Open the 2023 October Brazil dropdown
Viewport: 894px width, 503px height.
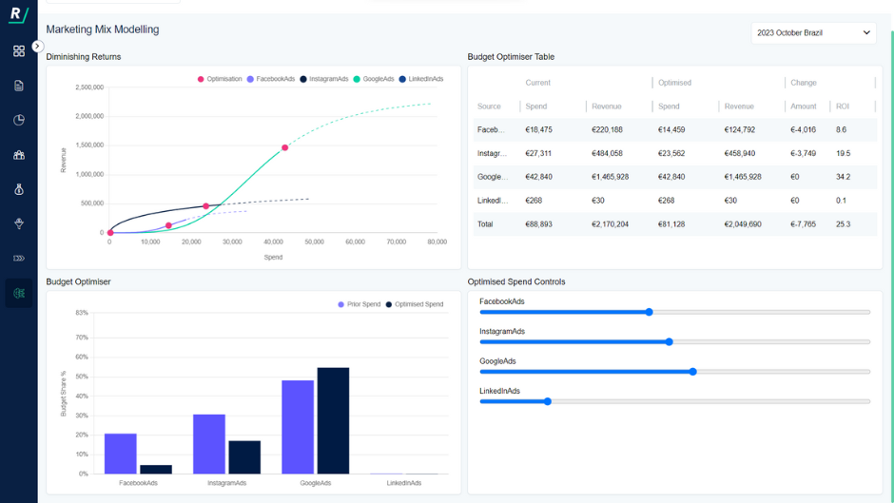pyautogui.click(x=813, y=33)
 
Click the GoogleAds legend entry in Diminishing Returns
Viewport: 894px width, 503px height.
pyautogui.click(x=378, y=79)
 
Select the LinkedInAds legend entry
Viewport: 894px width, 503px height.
pyautogui.click(x=425, y=79)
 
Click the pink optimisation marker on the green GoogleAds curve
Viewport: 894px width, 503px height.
pyautogui.click(x=284, y=147)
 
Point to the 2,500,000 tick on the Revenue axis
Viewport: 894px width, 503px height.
pyautogui.click(x=88, y=87)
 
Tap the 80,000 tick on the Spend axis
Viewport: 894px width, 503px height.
pyautogui.click(x=437, y=242)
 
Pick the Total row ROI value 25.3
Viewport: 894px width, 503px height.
pyautogui.click(x=843, y=224)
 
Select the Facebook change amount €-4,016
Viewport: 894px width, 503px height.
pyautogui.click(x=803, y=129)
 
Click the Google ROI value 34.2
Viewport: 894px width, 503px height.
pyautogui.click(x=843, y=177)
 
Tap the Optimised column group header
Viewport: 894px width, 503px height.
pyautogui.click(x=674, y=83)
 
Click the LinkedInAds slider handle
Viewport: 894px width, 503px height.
pyautogui.click(x=548, y=401)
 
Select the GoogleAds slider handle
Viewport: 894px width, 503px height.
pyautogui.click(x=692, y=372)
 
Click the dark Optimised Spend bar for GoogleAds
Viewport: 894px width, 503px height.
pyautogui.click(x=333, y=420)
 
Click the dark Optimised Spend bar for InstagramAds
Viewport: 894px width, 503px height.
pyautogui.click(x=244, y=457)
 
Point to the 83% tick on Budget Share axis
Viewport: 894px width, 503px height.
pyautogui.click(x=82, y=313)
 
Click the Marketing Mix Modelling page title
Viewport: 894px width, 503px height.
pyautogui.click(x=103, y=29)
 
